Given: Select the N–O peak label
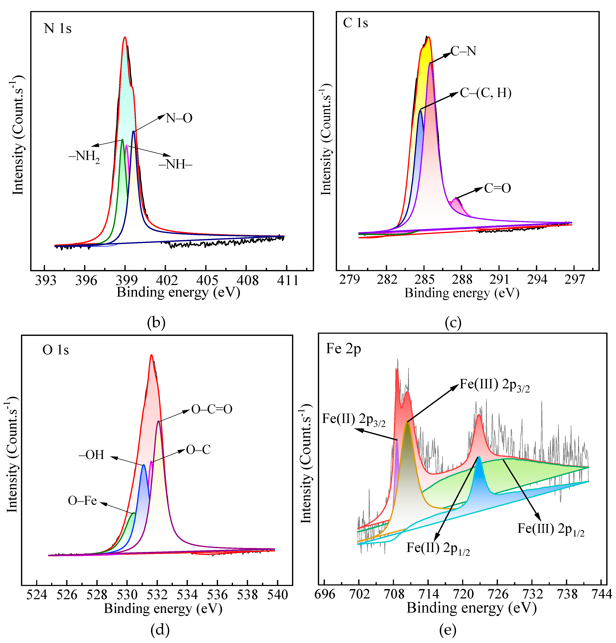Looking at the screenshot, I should tap(179, 118).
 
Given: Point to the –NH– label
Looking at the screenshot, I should tap(175, 164).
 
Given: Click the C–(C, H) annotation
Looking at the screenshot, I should tap(485, 93).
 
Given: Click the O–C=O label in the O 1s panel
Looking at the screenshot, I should tap(212, 409).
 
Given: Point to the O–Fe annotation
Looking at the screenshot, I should tap(82, 501).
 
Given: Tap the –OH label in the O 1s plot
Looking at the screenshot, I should tap(91, 455).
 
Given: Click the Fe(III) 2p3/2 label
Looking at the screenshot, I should tap(494, 385).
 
